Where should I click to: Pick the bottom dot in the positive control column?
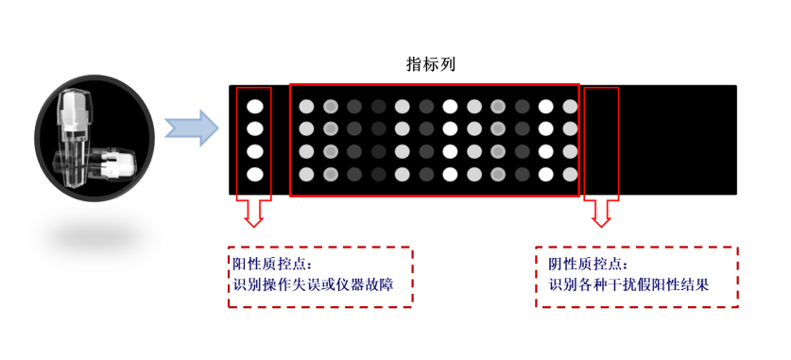click(x=255, y=173)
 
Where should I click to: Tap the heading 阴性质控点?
click(x=588, y=264)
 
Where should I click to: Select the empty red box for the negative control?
click(x=601, y=143)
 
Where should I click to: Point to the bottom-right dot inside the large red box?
click(x=569, y=173)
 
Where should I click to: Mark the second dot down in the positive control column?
click(x=255, y=129)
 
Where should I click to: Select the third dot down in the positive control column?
click(x=255, y=151)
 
